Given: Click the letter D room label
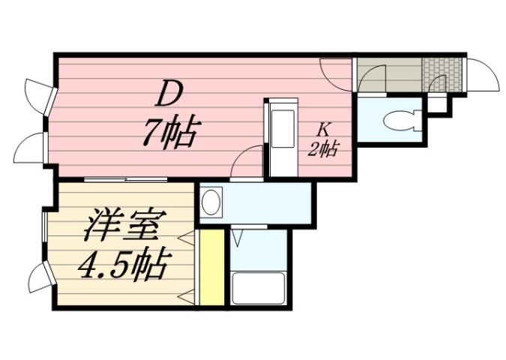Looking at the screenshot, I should tap(169, 96).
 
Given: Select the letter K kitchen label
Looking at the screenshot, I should tap(322, 128).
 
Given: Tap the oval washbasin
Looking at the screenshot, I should tap(212, 203).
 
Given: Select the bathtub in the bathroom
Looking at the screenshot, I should tap(258, 289).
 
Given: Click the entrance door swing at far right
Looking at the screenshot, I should tap(484, 76).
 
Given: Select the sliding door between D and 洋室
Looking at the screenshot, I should tap(125, 179).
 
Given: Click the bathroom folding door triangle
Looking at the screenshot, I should tap(239, 238).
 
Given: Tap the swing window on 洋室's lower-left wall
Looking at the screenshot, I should tap(37, 282).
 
